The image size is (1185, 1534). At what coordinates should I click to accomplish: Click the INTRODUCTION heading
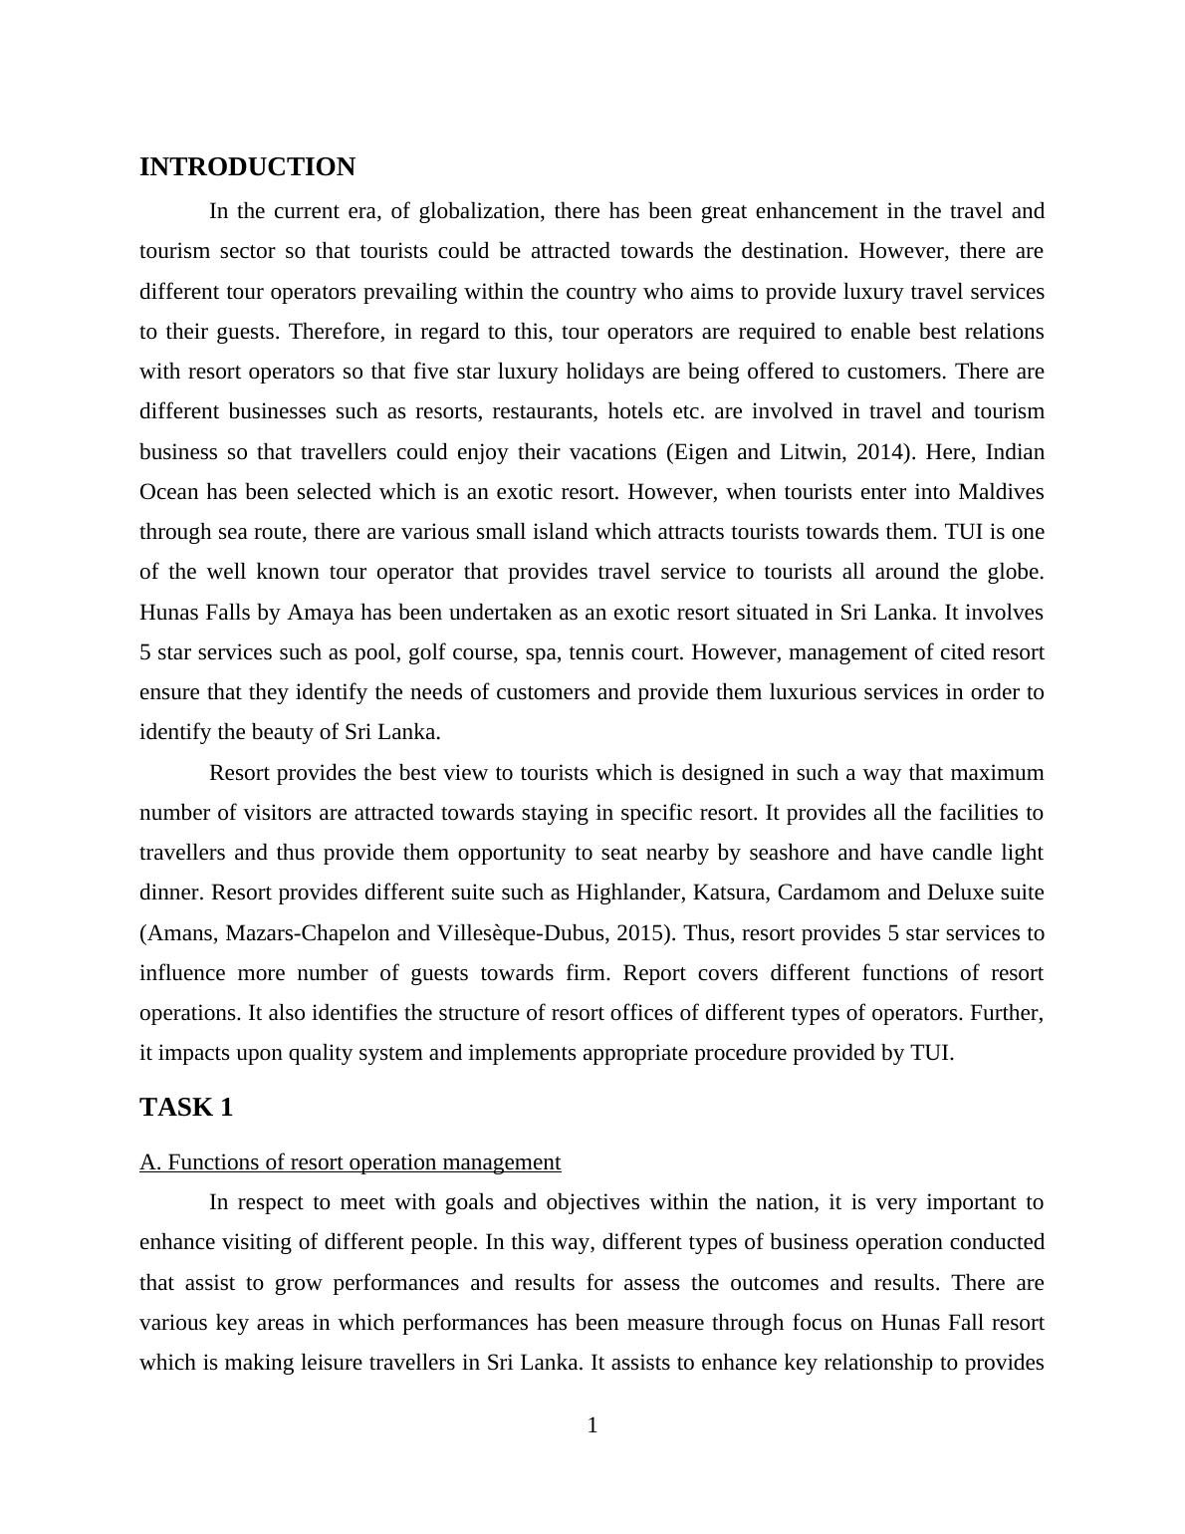[247, 166]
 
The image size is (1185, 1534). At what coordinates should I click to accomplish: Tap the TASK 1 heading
[186, 1107]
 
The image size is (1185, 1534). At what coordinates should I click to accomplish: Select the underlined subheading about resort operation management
[350, 1162]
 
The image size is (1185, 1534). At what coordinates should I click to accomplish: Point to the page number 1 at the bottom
[592, 1425]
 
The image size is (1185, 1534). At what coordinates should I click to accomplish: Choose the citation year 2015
[642, 933]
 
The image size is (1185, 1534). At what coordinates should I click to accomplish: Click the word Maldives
[1001, 492]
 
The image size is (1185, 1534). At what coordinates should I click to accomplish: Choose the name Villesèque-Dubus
[524, 933]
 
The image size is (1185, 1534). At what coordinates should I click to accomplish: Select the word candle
[947, 853]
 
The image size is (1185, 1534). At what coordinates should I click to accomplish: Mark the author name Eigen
[700, 452]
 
